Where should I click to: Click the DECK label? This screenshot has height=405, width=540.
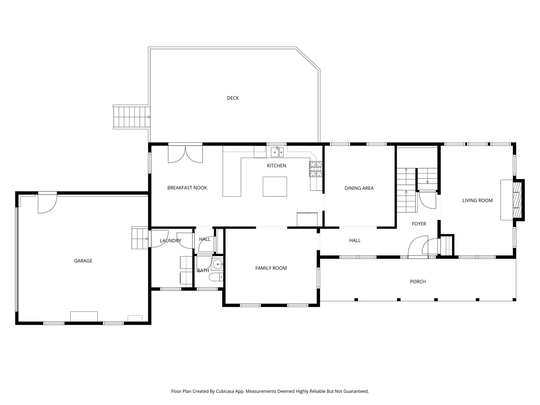coord(233,98)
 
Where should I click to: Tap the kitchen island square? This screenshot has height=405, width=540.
coord(275,186)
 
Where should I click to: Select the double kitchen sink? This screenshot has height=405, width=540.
coord(277,152)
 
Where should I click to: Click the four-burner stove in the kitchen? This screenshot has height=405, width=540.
coord(316,169)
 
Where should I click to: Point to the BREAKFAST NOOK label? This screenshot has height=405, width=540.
coord(187,188)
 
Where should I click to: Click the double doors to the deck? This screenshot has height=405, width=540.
coord(185,154)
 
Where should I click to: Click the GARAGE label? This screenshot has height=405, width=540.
coord(83,261)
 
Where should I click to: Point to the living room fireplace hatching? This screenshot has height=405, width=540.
coord(518,200)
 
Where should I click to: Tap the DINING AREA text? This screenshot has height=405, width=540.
coord(359,188)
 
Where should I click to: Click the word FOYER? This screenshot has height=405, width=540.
coord(419,224)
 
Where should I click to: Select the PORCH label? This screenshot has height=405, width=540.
coord(418,282)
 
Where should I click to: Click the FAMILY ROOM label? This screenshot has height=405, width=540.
coord(271,268)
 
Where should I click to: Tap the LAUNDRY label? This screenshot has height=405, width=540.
coord(170,241)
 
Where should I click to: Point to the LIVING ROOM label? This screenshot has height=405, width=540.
coord(477,200)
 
